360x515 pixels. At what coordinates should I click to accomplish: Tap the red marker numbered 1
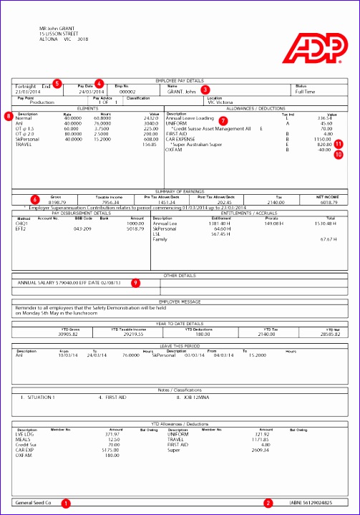(x=67, y=503)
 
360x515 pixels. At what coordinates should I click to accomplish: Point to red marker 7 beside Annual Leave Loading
(x=223, y=119)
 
